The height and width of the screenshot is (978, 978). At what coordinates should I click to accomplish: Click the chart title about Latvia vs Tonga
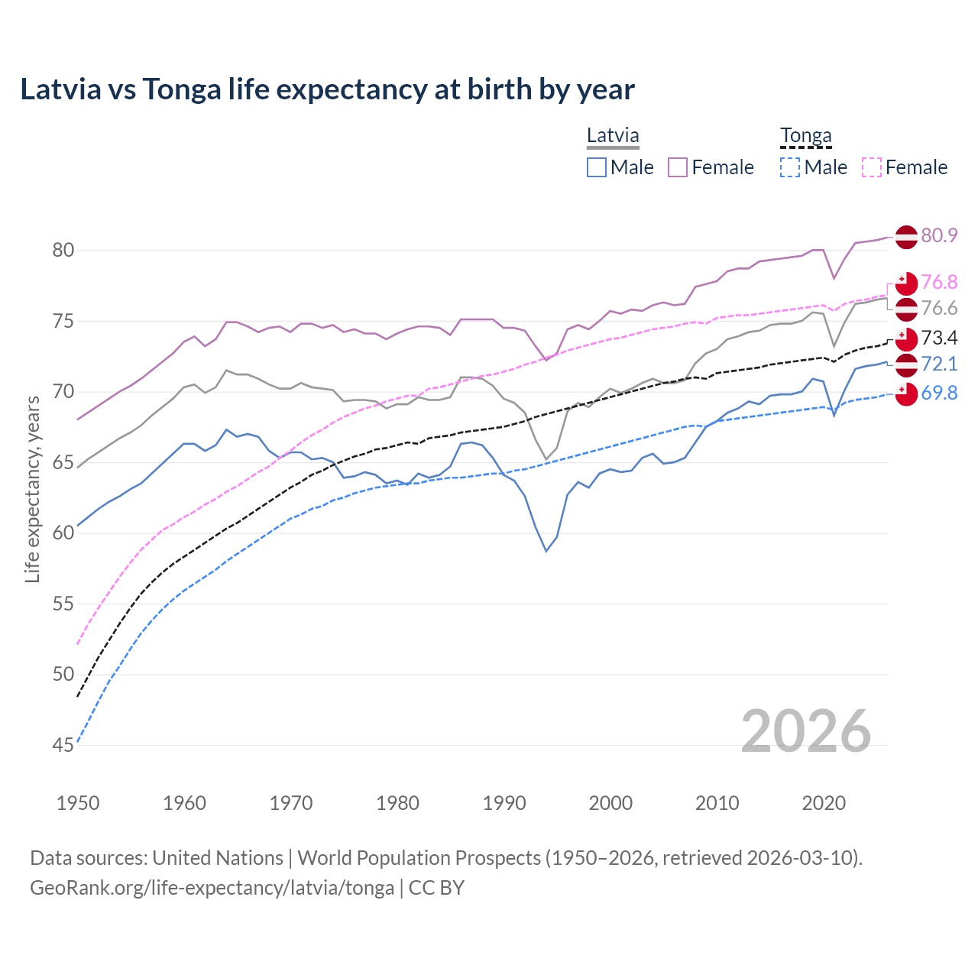[x=327, y=89]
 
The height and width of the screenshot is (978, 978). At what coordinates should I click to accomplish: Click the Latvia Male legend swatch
[x=597, y=167]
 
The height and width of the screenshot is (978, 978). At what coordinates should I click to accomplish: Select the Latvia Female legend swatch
[x=678, y=167]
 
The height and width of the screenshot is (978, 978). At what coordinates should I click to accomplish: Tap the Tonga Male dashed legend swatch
[x=790, y=167]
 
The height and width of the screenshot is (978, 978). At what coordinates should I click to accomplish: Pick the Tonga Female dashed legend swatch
[x=872, y=167]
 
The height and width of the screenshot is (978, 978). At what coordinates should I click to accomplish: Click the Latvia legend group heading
[x=613, y=136]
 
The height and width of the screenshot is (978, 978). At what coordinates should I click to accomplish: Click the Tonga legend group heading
[x=805, y=136]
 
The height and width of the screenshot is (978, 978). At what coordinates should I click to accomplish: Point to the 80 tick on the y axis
[x=63, y=251]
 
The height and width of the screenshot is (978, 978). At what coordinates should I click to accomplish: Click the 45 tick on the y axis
[x=63, y=745]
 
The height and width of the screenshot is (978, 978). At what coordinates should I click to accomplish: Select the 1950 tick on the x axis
[x=78, y=803]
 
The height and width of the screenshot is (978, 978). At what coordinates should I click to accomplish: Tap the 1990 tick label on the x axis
[x=504, y=803]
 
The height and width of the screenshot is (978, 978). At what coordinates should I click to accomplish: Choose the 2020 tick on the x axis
[x=824, y=803]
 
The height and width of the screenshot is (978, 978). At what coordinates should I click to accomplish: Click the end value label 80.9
[x=939, y=235]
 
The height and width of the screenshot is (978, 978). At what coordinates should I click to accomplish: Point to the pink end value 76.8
[x=939, y=282]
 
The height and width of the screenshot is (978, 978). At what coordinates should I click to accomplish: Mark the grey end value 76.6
[x=939, y=308]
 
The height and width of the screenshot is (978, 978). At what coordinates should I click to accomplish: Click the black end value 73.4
[x=939, y=338]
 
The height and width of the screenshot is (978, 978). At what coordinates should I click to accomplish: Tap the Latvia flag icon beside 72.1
[x=906, y=364]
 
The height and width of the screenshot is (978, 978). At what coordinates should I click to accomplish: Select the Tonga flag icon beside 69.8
[x=906, y=394]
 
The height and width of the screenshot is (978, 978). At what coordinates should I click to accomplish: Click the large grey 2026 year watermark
[x=805, y=731]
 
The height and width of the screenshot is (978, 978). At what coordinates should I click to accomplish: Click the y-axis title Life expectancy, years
[x=33, y=489]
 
